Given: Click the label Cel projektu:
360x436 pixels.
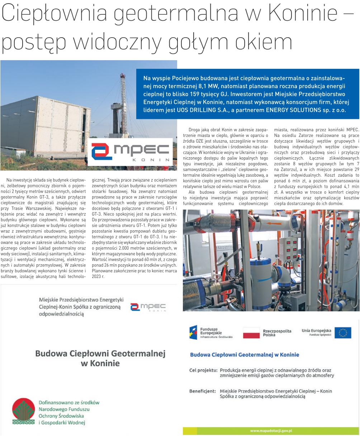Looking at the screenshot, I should pos(203,370).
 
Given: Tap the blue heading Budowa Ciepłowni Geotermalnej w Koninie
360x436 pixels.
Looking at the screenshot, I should pos(244,355).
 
